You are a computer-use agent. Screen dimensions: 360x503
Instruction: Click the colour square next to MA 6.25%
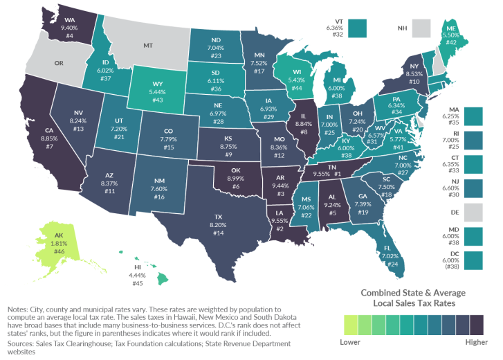(x=473, y=116)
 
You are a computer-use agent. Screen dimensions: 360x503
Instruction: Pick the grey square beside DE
(x=473, y=213)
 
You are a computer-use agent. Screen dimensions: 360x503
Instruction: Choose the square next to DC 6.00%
(x=473, y=260)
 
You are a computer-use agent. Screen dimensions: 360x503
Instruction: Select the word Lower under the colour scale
(x=350, y=341)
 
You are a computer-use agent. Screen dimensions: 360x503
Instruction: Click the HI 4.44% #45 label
(x=137, y=275)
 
